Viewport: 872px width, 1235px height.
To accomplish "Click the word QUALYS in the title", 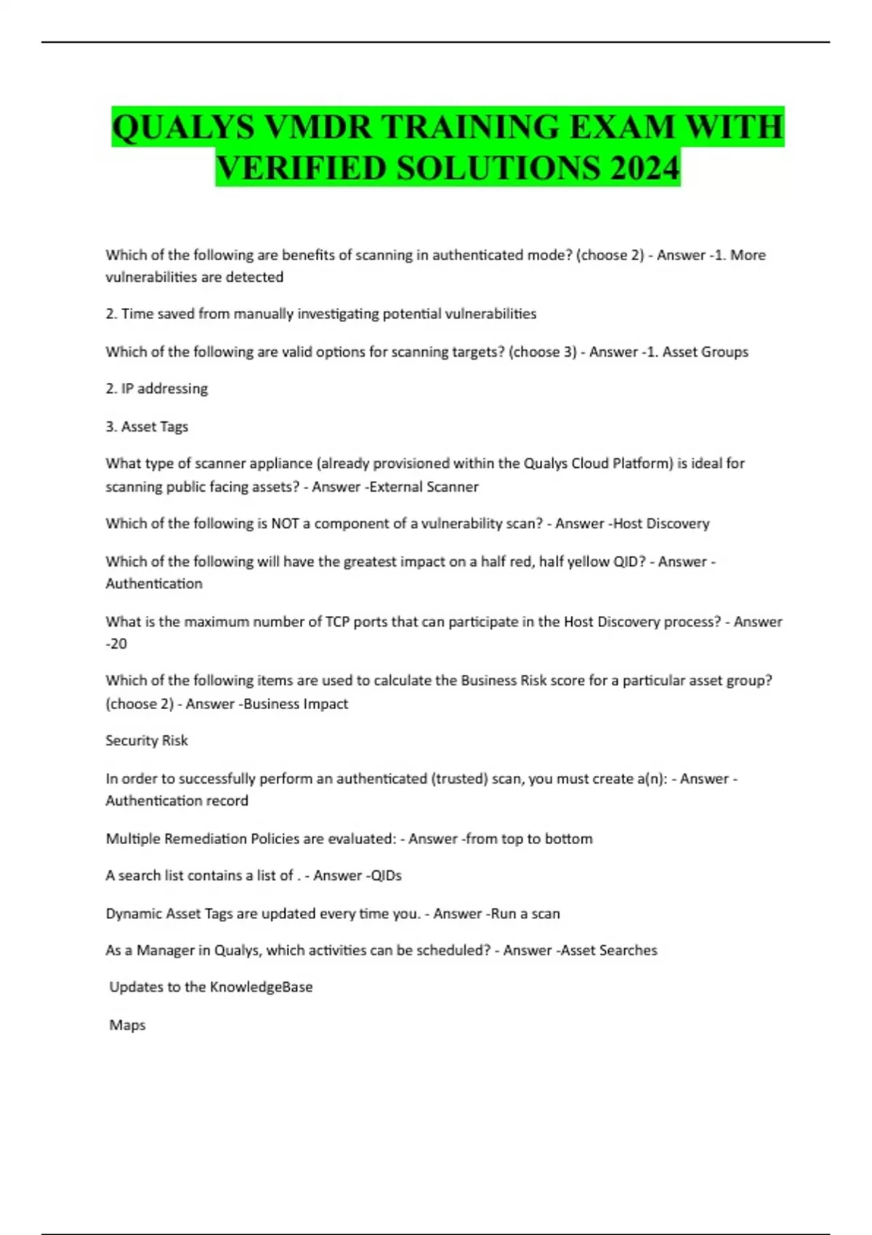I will click(x=183, y=128).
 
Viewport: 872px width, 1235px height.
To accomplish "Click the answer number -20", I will click(x=116, y=644).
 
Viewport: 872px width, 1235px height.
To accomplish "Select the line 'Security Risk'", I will click(x=147, y=740).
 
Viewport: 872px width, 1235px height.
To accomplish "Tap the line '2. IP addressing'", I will click(x=156, y=389).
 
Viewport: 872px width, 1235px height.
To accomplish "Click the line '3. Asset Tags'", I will click(x=147, y=426).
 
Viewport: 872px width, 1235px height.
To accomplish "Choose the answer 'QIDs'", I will click(x=386, y=875).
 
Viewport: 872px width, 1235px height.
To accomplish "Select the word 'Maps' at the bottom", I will click(x=127, y=1025).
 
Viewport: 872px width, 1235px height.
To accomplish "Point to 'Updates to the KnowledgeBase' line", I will click(x=211, y=987).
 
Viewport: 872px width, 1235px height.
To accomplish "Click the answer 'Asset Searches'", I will click(x=609, y=950).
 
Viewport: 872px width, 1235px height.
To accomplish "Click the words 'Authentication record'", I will click(x=177, y=801).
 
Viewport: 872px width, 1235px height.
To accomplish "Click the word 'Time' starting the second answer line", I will click(x=137, y=314).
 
